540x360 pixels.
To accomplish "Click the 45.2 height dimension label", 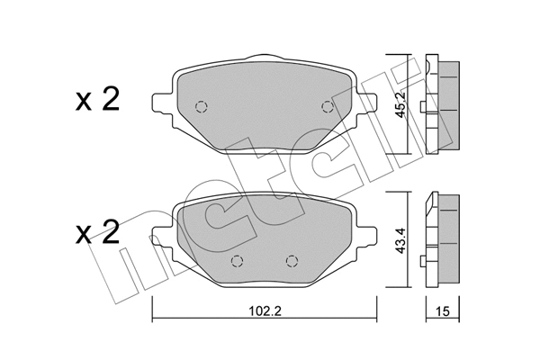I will [x=402, y=108].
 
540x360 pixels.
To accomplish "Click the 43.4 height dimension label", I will [x=402, y=244].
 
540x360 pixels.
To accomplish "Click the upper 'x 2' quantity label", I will [x=95, y=101].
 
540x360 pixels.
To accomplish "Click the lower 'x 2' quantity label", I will [x=95, y=236].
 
